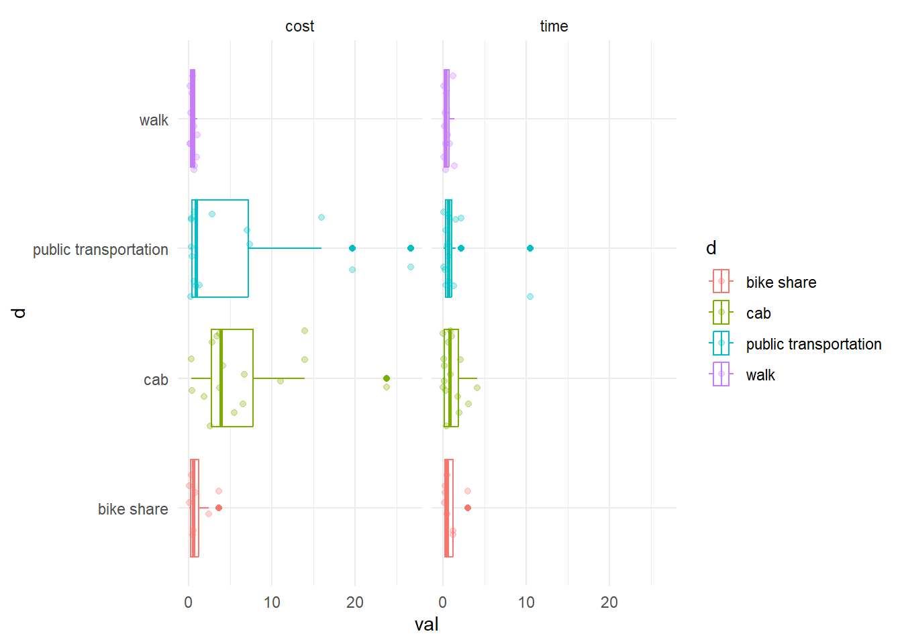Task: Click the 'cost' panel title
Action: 299,26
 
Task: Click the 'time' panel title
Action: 554,26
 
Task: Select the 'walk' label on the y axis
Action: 154,120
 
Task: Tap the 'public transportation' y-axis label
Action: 101,250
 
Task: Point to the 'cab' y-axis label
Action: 156,380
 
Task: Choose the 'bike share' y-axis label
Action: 133,509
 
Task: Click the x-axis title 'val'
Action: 426,625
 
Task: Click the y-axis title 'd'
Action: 19,313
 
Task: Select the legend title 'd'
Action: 711,248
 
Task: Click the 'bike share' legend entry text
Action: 781,282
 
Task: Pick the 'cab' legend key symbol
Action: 721,313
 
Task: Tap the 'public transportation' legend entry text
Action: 813,344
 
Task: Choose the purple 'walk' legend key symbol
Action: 721,374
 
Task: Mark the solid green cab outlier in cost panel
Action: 387,378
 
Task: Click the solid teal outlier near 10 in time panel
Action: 530,248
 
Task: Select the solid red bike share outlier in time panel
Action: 468,508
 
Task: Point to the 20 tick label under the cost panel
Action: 355,602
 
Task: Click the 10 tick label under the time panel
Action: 526,602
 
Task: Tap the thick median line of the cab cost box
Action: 221,378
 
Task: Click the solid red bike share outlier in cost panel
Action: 219,508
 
